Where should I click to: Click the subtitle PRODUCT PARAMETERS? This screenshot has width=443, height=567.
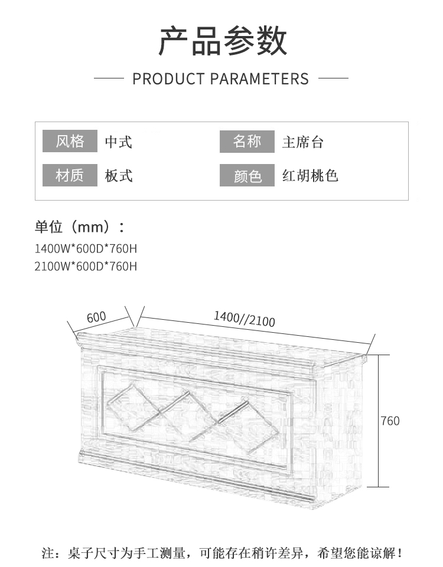click(x=221, y=78)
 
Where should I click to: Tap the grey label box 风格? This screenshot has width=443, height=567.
click(x=70, y=142)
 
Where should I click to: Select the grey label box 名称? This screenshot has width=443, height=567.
click(x=247, y=142)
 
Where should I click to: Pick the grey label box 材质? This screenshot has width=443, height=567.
click(x=70, y=176)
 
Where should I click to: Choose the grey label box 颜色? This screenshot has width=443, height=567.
click(x=247, y=176)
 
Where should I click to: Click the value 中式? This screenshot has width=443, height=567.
click(x=119, y=142)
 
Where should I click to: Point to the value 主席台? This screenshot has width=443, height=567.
click(x=303, y=142)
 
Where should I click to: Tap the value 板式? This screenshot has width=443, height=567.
click(x=119, y=176)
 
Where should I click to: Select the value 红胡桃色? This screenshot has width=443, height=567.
click(x=310, y=176)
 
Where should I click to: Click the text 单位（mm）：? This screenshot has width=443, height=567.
click(x=80, y=227)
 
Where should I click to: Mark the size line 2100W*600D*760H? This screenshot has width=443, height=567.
click(x=86, y=266)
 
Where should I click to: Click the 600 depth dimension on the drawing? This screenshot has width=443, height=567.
click(x=96, y=317)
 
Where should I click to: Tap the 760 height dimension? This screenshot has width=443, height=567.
click(x=390, y=421)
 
